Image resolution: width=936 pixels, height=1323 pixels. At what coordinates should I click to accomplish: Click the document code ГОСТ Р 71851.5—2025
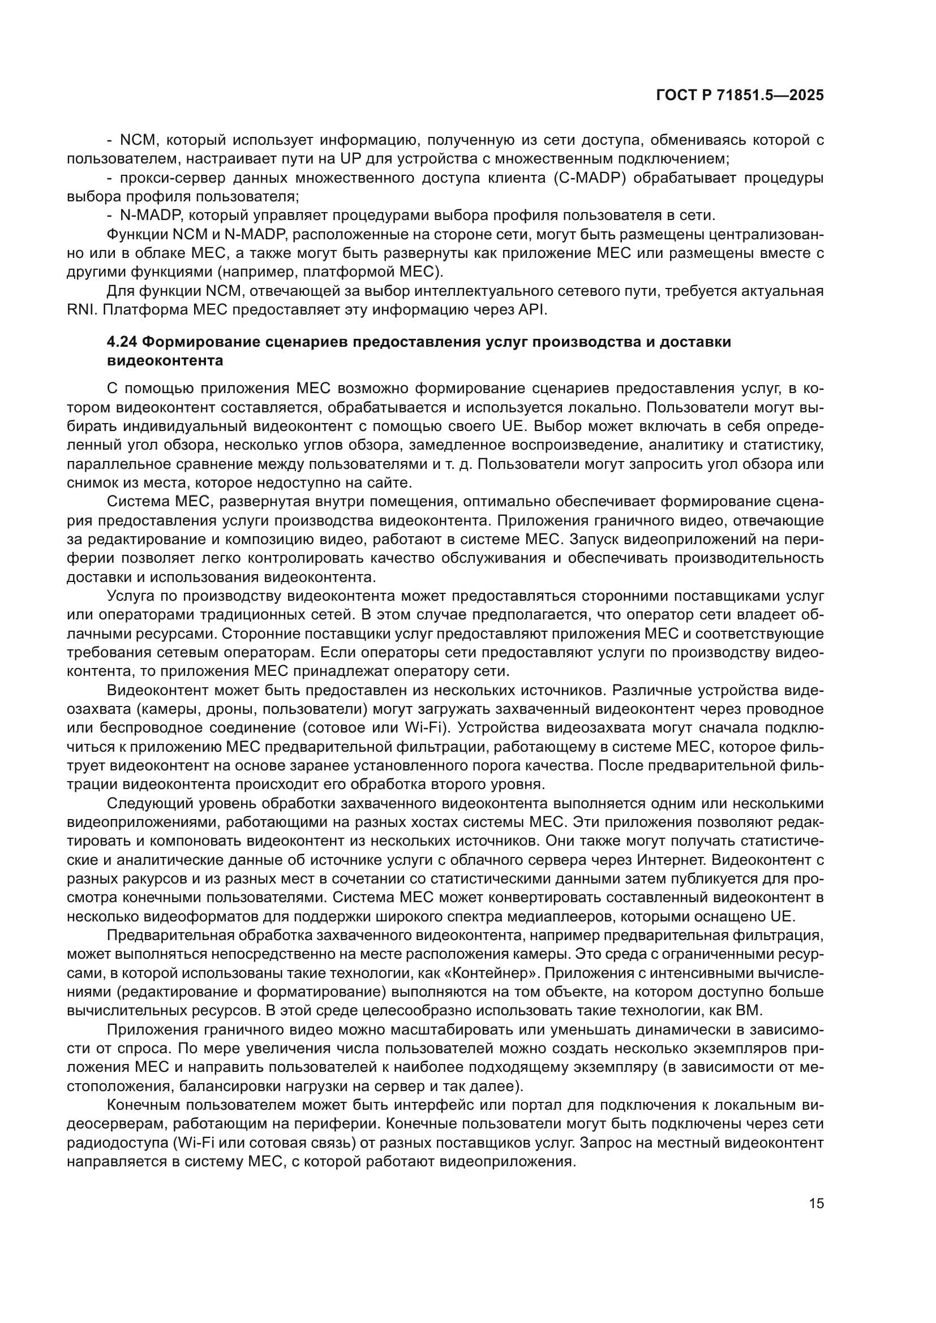(740, 96)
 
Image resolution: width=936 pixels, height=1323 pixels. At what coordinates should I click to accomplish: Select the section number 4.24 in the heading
(122, 342)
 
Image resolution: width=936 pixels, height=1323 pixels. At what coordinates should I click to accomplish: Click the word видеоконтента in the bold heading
(165, 361)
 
